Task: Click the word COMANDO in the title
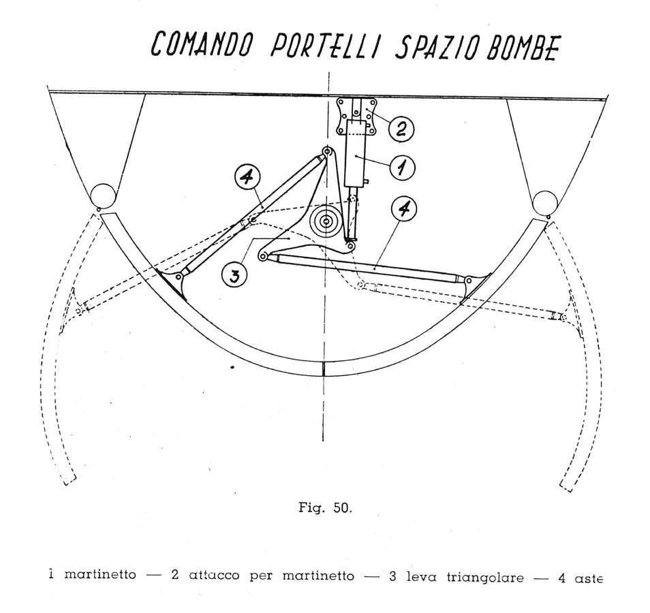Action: pyautogui.click(x=202, y=44)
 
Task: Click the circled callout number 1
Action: pyautogui.click(x=402, y=168)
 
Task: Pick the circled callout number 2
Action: pyautogui.click(x=401, y=129)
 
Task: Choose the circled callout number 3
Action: pyautogui.click(x=234, y=274)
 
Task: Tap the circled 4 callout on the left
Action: pyautogui.click(x=247, y=177)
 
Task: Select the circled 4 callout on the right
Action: pyautogui.click(x=404, y=209)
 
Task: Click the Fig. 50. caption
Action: pyautogui.click(x=326, y=507)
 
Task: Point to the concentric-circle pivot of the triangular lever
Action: pyautogui.click(x=326, y=222)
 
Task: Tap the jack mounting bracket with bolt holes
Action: pyautogui.click(x=356, y=116)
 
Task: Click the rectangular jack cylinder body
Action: pyautogui.click(x=356, y=154)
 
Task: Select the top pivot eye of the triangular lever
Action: pyautogui.click(x=328, y=151)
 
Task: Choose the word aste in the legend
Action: pyautogui.click(x=588, y=578)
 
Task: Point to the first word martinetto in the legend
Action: pyautogui.click(x=100, y=574)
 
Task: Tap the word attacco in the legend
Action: pyautogui.click(x=214, y=576)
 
